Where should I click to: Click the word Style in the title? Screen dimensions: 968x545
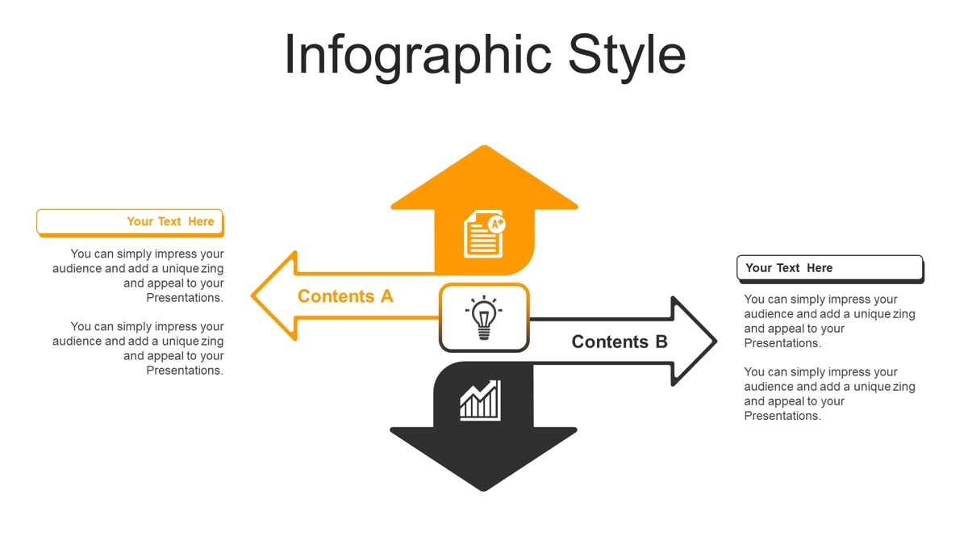(627, 56)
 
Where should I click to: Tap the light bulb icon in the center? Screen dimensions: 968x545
(484, 318)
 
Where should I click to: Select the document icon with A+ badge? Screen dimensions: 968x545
(484, 234)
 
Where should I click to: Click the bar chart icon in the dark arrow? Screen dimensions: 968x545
(480, 400)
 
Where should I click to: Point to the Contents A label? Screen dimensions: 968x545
(345, 296)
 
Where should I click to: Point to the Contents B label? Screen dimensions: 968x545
(620, 342)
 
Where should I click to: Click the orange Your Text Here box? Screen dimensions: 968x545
(130, 223)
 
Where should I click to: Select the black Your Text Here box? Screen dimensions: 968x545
(830, 269)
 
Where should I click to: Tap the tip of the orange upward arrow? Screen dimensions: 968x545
(485, 146)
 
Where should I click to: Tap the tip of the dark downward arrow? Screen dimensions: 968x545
(483, 490)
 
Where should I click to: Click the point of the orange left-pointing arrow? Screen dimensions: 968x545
(252, 296)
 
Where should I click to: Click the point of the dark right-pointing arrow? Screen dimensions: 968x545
(716, 342)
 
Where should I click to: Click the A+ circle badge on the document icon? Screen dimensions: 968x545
(497, 224)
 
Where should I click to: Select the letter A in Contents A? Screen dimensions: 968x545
(386, 296)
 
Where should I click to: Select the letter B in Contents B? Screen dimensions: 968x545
(661, 342)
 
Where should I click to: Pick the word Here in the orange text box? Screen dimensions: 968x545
(201, 221)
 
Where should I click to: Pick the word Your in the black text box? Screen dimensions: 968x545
(758, 268)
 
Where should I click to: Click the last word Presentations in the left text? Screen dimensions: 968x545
(185, 371)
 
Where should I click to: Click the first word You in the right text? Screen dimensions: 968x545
(753, 299)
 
